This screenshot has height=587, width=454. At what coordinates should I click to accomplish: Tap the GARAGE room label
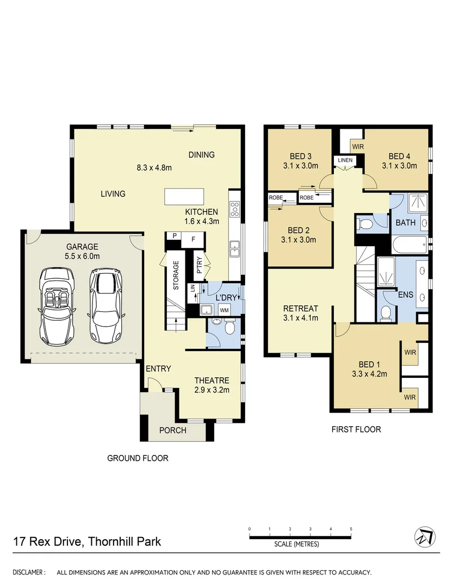83,246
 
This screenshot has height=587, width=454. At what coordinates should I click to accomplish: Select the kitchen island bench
185,196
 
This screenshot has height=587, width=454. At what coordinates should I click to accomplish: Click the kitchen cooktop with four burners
235,208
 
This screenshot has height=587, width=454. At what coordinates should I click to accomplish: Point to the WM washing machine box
224,310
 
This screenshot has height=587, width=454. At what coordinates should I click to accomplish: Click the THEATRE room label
212,380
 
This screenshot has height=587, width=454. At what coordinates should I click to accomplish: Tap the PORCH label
172,430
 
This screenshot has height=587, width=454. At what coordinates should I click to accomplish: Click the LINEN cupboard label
345,160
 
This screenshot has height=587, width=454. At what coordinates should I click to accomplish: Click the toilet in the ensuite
385,313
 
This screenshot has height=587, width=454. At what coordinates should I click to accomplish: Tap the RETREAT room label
300,308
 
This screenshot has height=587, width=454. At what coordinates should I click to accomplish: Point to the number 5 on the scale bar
351,528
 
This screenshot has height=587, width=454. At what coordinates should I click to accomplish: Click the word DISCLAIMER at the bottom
29,572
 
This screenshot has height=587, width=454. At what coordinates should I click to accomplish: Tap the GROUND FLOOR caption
138,458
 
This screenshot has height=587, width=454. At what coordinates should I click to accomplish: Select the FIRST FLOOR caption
356,429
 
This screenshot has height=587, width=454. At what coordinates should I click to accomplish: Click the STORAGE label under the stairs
176,275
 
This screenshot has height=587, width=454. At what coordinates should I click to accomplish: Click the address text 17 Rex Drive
46,541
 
